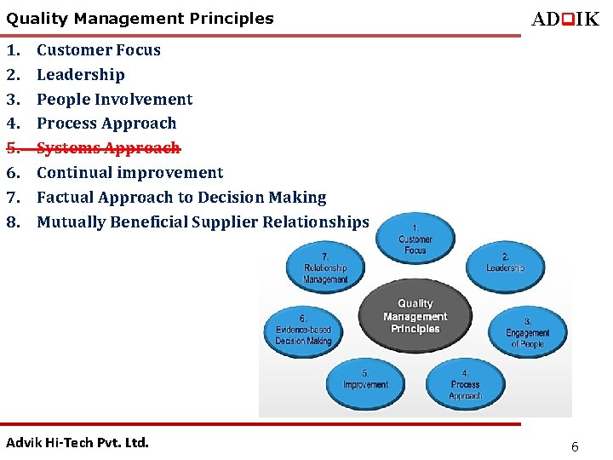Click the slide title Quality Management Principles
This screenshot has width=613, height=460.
coord(140,18)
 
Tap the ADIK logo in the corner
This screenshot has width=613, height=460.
coord(565,19)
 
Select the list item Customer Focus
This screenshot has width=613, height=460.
coord(98,49)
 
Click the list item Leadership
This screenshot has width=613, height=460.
coord(80,74)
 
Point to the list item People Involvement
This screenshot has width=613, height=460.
coord(114,99)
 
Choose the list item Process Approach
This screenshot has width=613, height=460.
coord(106,124)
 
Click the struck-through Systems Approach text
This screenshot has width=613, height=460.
coord(108,148)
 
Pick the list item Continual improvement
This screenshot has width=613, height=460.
coord(129,173)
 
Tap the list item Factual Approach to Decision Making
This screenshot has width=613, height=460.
coord(181,198)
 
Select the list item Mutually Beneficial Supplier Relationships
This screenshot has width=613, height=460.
coord(203,222)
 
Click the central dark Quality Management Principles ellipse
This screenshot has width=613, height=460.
coord(415,316)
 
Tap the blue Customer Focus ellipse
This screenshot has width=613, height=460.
coord(415,239)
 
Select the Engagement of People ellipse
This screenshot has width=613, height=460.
coord(527,332)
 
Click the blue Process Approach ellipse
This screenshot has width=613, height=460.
coord(465,384)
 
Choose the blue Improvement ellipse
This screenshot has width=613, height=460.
coord(366,384)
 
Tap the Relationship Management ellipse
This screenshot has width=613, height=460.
coord(325,267)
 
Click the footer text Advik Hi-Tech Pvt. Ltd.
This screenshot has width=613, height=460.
coord(77,442)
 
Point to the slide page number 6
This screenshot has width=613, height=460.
coord(575,446)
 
